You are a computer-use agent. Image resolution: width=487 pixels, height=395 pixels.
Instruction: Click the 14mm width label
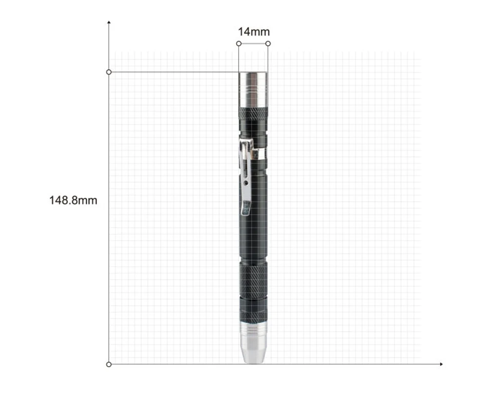coord(254,32)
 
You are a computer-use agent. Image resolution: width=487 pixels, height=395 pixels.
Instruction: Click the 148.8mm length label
coord(74,200)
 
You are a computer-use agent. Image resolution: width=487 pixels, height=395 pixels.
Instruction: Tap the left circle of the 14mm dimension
coord(239,43)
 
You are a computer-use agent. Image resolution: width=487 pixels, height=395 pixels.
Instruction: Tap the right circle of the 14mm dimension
coord(268,43)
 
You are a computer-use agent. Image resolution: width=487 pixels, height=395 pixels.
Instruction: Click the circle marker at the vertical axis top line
coord(109,72)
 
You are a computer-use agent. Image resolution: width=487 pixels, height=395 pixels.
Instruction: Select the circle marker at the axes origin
coord(109,364)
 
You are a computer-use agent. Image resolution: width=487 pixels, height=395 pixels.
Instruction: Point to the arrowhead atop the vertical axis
coord(109,22)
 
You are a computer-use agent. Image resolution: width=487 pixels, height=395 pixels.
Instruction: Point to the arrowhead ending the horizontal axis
coord(441,364)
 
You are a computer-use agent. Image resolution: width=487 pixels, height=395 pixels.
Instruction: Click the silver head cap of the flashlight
coord(253,90)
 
